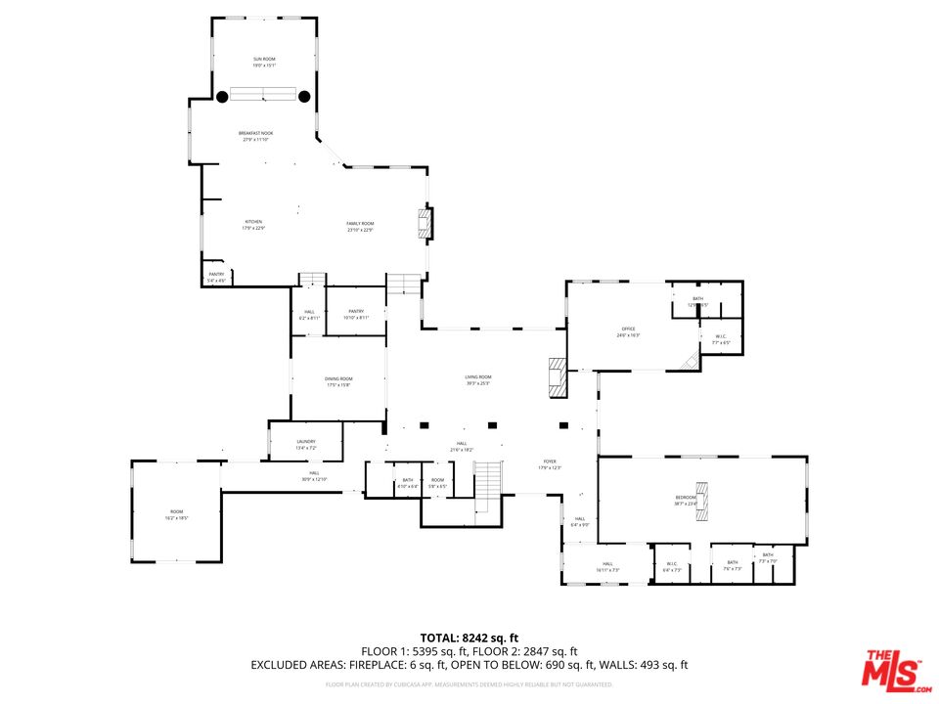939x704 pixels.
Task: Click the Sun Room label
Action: coord(264,63)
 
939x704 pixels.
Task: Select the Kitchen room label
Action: coord(253,225)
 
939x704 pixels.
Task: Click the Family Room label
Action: coord(360,227)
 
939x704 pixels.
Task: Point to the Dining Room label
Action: coord(339,381)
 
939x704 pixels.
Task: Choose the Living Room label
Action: coord(478,379)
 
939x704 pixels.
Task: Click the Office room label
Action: coord(628,331)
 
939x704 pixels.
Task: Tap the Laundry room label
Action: coord(306,444)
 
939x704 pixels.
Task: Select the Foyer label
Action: coord(550,463)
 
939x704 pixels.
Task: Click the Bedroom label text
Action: coord(685,500)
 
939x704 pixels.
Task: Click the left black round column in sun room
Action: coord(222,96)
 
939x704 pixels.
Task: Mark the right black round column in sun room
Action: coord(304,96)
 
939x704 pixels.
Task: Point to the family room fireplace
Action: coord(425,223)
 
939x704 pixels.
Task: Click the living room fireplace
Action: coord(557,377)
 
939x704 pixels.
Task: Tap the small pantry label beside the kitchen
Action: coord(216,278)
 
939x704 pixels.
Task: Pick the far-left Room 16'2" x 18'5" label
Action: coord(176,514)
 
